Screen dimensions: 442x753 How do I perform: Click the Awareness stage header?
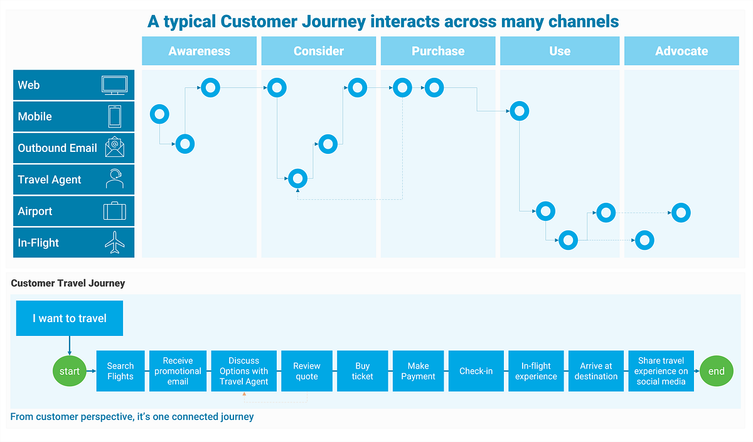(x=199, y=51)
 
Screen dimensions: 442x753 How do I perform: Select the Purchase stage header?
(x=438, y=51)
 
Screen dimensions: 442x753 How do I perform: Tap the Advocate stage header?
(x=681, y=51)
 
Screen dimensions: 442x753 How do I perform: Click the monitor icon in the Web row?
(x=115, y=85)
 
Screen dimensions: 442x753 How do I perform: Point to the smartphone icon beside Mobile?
(x=115, y=117)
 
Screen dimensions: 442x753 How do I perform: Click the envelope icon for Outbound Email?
(x=115, y=148)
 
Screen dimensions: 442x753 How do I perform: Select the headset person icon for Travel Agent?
(x=115, y=179)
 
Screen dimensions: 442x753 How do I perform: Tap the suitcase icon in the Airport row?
(x=115, y=211)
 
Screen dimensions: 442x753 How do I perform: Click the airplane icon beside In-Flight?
(x=115, y=242)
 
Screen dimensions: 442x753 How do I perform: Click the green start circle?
(x=70, y=371)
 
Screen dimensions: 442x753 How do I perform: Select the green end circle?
(x=716, y=371)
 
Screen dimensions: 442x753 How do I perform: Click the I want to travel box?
(x=70, y=318)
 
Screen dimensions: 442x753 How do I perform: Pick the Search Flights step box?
(x=120, y=371)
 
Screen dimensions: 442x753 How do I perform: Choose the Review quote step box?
(x=307, y=371)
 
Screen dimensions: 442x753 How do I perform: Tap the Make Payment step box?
(x=418, y=371)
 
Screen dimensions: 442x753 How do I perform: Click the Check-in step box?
(x=476, y=371)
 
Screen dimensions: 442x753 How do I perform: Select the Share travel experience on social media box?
(x=661, y=371)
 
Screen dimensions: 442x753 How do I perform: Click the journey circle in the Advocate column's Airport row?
(x=681, y=213)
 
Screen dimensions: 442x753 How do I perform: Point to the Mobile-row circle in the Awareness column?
(x=159, y=114)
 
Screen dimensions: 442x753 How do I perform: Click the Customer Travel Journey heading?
(x=68, y=283)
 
